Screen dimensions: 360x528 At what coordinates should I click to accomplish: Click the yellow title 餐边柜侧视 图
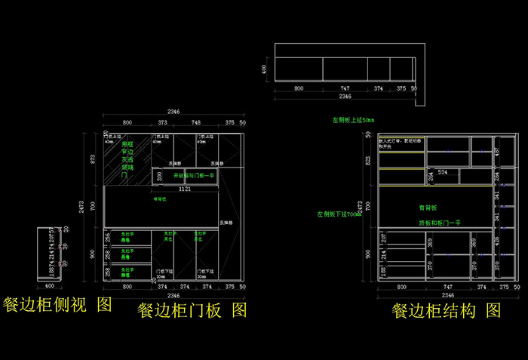click(57, 304)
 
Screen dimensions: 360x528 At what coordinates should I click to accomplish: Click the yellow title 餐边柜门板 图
click(192, 309)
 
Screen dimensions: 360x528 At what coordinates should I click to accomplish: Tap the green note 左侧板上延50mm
click(353, 120)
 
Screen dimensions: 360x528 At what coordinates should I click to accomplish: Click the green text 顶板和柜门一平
click(440, 223)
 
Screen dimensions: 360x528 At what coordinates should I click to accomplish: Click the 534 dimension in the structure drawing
click(443, 173)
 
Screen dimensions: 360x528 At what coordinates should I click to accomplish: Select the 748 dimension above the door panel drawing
click(195, 122)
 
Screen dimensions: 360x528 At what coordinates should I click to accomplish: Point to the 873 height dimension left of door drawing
click(94, 158)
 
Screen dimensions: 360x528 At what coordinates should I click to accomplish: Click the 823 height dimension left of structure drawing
click(368, 160)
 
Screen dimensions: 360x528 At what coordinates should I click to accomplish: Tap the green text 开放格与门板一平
click(195, 175)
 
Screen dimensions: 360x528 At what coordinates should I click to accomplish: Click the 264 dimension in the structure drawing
click(431, 177)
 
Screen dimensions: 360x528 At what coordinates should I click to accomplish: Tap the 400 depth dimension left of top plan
click(265, 69)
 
